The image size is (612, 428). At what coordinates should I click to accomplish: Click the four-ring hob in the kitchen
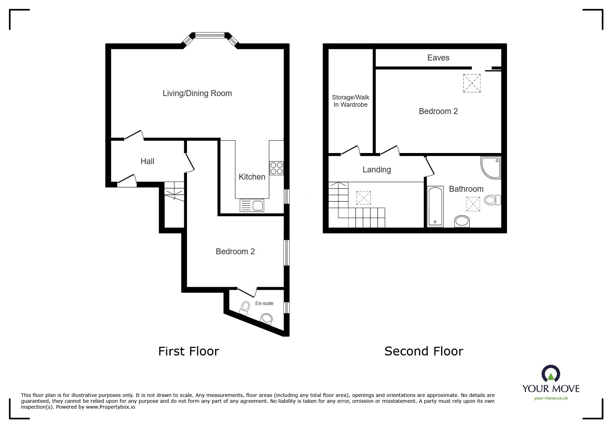pyautogui.click(x=276, y=168)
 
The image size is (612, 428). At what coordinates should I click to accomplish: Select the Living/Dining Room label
pyautogui.click(x=197, y=93)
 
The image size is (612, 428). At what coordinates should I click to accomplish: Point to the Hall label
pyautogui.click(x=148, y=161)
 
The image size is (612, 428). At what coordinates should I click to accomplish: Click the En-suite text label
pyautogui.click(x=264, y=303)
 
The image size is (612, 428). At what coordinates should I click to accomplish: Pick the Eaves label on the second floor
pyautogui.click(x=438, y=58)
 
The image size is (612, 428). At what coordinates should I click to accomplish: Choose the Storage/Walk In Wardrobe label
pyautogui.click(x=350, y=101)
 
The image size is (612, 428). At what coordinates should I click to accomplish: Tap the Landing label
pyautogui.click(x=377, y=170)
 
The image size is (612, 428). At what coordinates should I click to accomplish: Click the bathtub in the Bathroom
pyautogui.click(x=435, y=207)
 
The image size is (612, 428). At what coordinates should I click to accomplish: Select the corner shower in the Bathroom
pyautogui.click(x=490, y=168)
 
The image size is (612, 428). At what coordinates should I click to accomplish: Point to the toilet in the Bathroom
pyautogui.click(x=493, y=200)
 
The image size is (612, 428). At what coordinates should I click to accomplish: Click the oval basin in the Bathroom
pyautogui.click(x=462, y=221)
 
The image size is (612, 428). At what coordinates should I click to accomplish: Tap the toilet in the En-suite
pyautogui.click(x=245, y=308)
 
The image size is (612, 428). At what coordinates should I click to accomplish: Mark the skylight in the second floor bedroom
pyautogui.click(x=472, y=83)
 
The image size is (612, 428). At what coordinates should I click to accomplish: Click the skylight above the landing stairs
pyautogui.click(x=364, y=198)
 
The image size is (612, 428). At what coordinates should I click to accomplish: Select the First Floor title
pyautogui.click(x=189, y=351)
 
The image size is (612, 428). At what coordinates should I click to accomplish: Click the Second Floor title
pyautogui.click(x=424, y=351)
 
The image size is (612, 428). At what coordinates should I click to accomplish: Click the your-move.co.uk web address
pyautogui.click(x=551, y=398)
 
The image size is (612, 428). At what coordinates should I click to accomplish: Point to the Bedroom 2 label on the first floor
pyautogui.click(x=235, y=251)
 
